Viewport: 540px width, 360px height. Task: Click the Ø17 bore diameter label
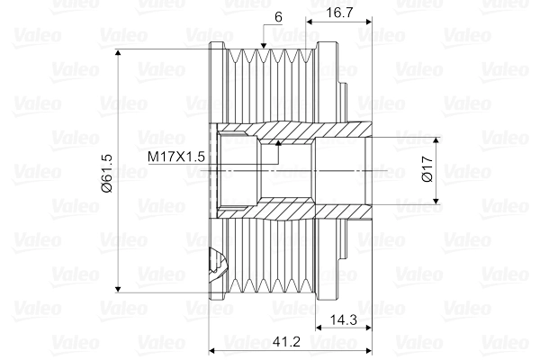click(427, 170)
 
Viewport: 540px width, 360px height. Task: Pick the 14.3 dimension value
click(340, 319)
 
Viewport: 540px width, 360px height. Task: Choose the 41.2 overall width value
click(286, 341)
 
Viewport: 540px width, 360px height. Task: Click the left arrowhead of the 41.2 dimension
click(213, 348)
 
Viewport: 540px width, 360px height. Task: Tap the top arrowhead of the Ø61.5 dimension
click(119, 56)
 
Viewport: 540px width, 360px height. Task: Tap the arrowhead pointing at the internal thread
click(278, 141)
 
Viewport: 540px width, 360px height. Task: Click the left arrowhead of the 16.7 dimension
click(310, 18)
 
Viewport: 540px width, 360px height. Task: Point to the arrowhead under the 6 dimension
click(263, 44)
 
